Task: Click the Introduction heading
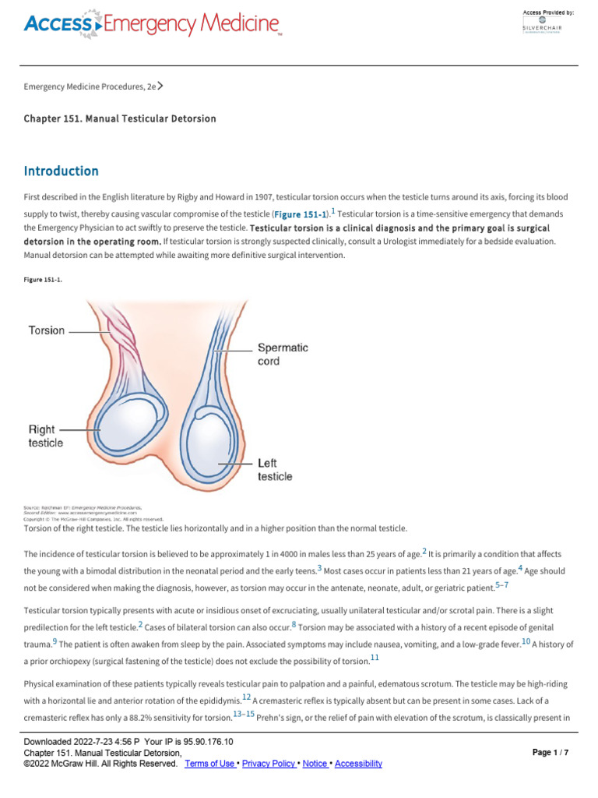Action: (62, 171)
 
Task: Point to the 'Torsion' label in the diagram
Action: (47, 330)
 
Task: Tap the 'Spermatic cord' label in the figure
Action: (283, 355)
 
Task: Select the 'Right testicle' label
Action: (46, 436)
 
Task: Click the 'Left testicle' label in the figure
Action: (275, 469)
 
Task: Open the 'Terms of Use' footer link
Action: (209, 764)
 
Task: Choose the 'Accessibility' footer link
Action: (358, 764)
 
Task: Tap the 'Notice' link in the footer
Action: (315, 764)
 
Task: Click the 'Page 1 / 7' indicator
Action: (551, 753)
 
